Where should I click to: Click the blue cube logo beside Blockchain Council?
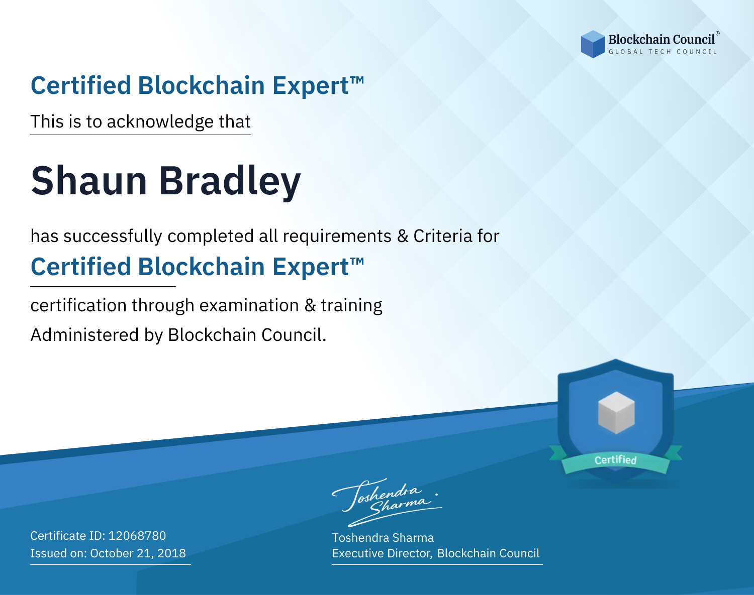pyautogui.click(x=593, y=44)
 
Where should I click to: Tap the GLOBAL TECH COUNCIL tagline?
pyautogui.click(x=663, y=52)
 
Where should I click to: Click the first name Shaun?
pyautogui.click(x=88, y=181)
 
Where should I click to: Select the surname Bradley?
pyautogui.click(x=230, y=182)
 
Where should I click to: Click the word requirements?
pyautogui.click(x=337, y=236)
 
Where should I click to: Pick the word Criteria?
pyautogui.click(x=442, y=236)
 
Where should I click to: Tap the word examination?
pyautogui.click(x=249, y=305)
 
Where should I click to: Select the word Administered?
pyautogui.click(x=85, y=334)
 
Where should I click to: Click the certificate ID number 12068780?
pyautogui.click(x=137, y=535)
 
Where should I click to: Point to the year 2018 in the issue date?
pyautogui.click(x=171, y=553)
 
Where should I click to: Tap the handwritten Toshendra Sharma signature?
pyautogui.click(x=387, y=502)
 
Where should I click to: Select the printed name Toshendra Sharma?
pyautogui.click(x=383, y=538)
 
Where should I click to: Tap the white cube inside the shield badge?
pyautogui.click(x=616, y=413)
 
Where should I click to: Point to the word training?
pyautogui.click(x=351, y=306)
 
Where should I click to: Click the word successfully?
pyautogui.click(x=113, y=236)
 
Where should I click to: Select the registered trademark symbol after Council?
pyautogui.click(x=718, y=33)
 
